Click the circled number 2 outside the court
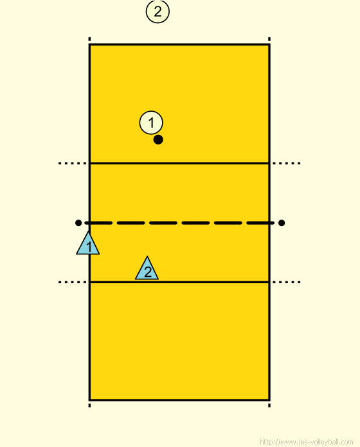click(x=157, y=12)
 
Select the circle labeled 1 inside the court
click(x=151, y=123)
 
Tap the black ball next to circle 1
click(x=158, y=140)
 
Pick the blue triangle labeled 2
click(x=147, y=269)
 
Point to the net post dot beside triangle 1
click(x=78, y=223)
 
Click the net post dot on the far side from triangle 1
click(x=282, y=223)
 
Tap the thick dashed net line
click(x=179, y=223)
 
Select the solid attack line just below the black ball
click(x=179, y=163)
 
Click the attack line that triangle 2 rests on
click(x=179, y=282)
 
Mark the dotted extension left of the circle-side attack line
click(x=72, y=163)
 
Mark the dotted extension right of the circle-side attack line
click(x=287, y=163)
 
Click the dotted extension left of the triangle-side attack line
click(x=72, y=282)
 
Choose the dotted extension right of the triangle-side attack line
click(x=287, y=282)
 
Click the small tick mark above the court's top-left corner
click(x=89, y=39)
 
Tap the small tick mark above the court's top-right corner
click(x=269, y=39)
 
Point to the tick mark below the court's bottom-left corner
click(x=89, y=405)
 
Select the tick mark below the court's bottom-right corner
click(x=269, y=405)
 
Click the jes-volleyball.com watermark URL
click(x=307, y=442)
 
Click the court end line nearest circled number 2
click(x=179, y=44)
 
